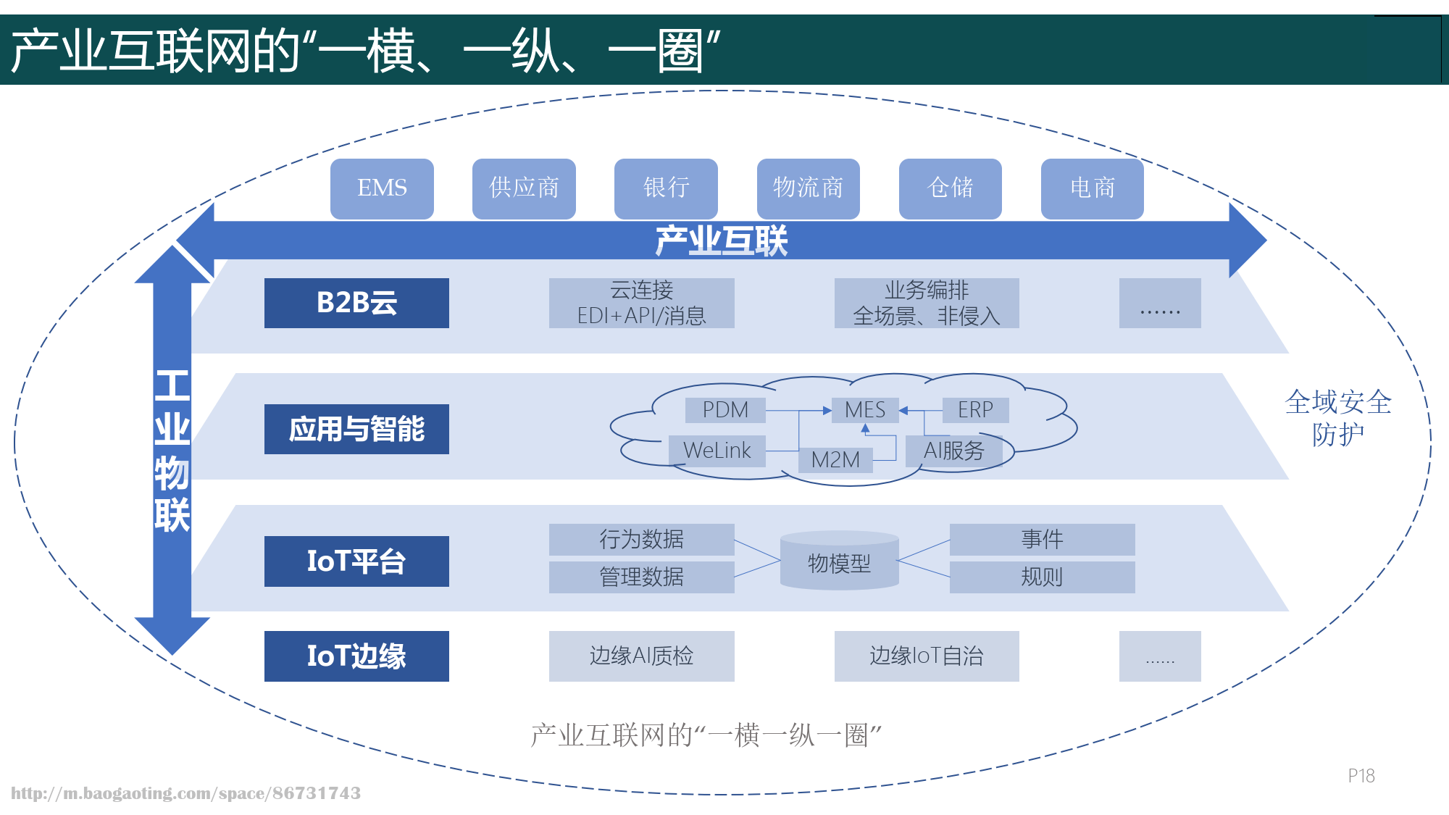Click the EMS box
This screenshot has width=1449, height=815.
tap(382, 188)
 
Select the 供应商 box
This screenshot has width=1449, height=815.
tap(524, 188)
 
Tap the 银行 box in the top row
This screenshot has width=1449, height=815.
tap(666, 188)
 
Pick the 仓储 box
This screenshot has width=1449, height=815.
tap(950, 188)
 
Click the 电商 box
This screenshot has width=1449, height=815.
tap(1092, 188)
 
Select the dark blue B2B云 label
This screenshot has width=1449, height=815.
tap(356, 303)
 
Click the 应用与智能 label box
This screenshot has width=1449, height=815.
tap(356, 429)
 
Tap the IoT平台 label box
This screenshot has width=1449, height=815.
tap(356, 561)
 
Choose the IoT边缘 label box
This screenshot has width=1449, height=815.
tap(356, 656)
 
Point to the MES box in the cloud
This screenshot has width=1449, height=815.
tap(865, 410)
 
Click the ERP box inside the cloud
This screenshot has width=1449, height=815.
tap(975, 410)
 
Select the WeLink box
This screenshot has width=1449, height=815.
tap(717, 451)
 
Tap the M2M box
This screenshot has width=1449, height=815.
tap(835, 460)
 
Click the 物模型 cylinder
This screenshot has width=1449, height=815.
tap(839, 562)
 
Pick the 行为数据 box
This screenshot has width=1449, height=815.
tap(641, 540)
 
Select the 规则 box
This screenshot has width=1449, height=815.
tap(1042, 577)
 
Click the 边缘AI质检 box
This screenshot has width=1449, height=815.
tap(641, 656)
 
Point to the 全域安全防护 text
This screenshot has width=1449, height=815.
tap(1337, 418)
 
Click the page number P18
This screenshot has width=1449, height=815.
tap(1361, 776)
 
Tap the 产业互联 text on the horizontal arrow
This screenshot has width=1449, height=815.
tap(721, 241)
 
